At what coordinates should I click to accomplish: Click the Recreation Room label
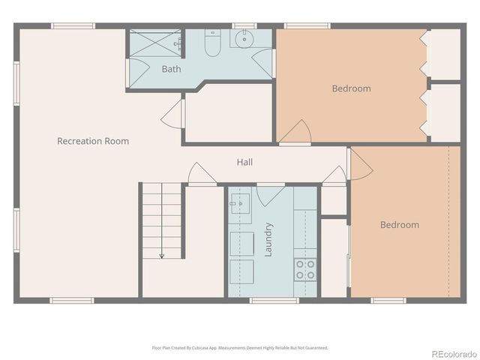93,141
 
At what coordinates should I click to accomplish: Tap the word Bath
171,69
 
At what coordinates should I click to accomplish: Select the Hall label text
244,162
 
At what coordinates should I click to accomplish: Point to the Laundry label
268,240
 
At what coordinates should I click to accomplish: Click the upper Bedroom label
351,88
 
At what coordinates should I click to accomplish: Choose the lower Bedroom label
399,224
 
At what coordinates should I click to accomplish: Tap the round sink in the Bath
244,39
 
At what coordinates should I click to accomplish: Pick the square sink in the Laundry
241,202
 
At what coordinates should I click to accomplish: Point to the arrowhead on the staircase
161,256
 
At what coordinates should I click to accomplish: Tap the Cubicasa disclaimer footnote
240,348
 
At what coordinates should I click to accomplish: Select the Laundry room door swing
270,193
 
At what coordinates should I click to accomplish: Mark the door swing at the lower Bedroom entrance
359,164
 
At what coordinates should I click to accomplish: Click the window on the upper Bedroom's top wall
307,26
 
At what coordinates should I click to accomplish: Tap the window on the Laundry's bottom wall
274,301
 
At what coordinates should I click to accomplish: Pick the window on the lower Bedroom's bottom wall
388,301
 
